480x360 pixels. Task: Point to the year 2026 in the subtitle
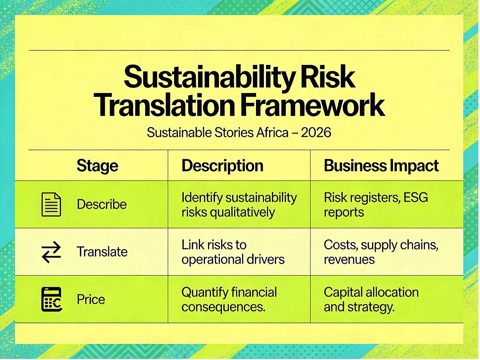pos(316,132)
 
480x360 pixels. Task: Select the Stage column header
pos(97,166)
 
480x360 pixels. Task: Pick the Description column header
pos(222,166)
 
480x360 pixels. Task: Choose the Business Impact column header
pos(381,166)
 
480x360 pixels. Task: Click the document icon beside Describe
pos(51,204)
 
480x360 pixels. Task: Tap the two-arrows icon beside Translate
pos(51,252)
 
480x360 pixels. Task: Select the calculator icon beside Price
pos(52,299)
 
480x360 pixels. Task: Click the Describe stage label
pos(102,204)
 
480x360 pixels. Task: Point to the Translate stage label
pos(102,251)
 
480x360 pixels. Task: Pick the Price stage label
pos(91,299)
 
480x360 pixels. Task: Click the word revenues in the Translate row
pos(349,260)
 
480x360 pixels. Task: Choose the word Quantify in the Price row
pos(205,292)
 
